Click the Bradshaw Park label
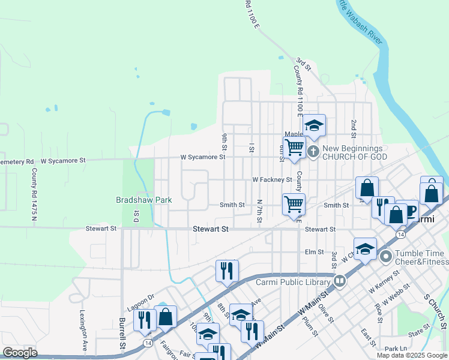[144, 200]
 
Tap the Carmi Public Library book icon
[340, 280]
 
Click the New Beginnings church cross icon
[313, 152]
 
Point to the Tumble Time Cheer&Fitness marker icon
[385, 257]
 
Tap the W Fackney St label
[271, 179]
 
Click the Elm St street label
[314, 252]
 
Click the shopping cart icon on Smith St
[294, 204]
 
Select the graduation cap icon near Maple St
[313, 125]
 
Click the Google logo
[20, 353]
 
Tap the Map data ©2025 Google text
[412, 355]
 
